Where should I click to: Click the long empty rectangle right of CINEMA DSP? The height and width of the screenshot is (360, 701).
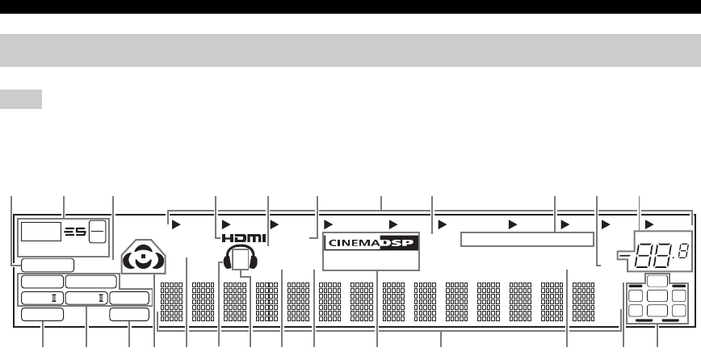(527, 239)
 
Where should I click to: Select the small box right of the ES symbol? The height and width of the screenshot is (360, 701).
(96, 232)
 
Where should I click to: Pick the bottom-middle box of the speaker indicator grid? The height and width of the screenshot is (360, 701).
(659, 310)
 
